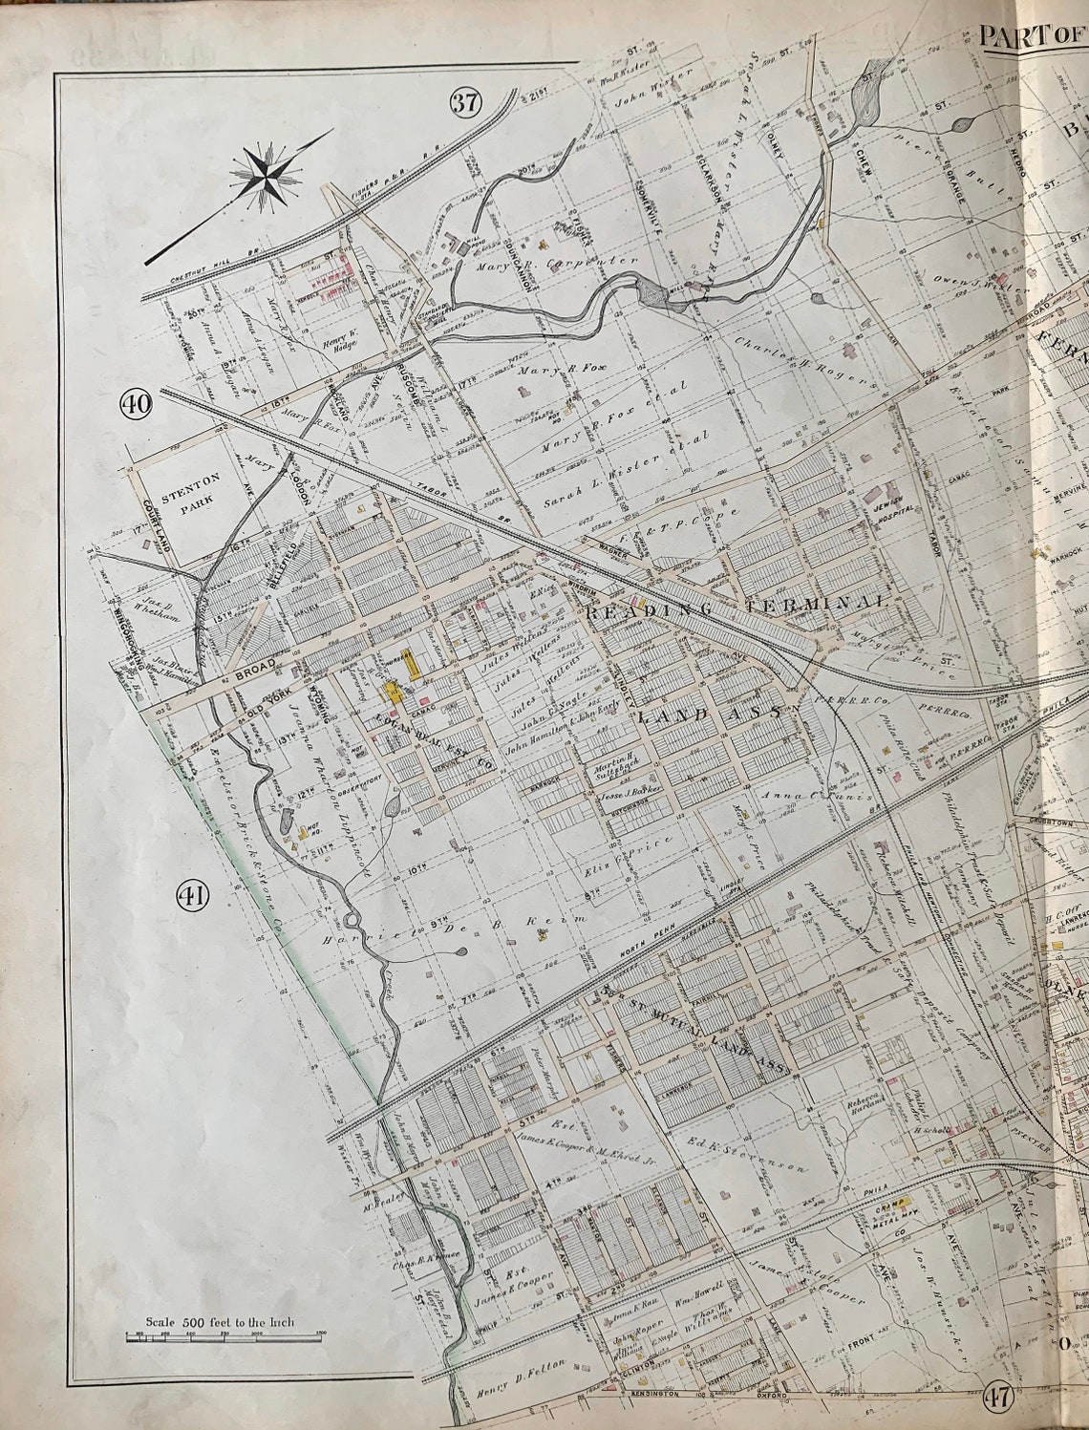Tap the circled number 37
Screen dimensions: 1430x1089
pos(465,103)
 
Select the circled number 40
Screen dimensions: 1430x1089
pos(136,404)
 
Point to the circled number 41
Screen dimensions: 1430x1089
pos(192,895)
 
